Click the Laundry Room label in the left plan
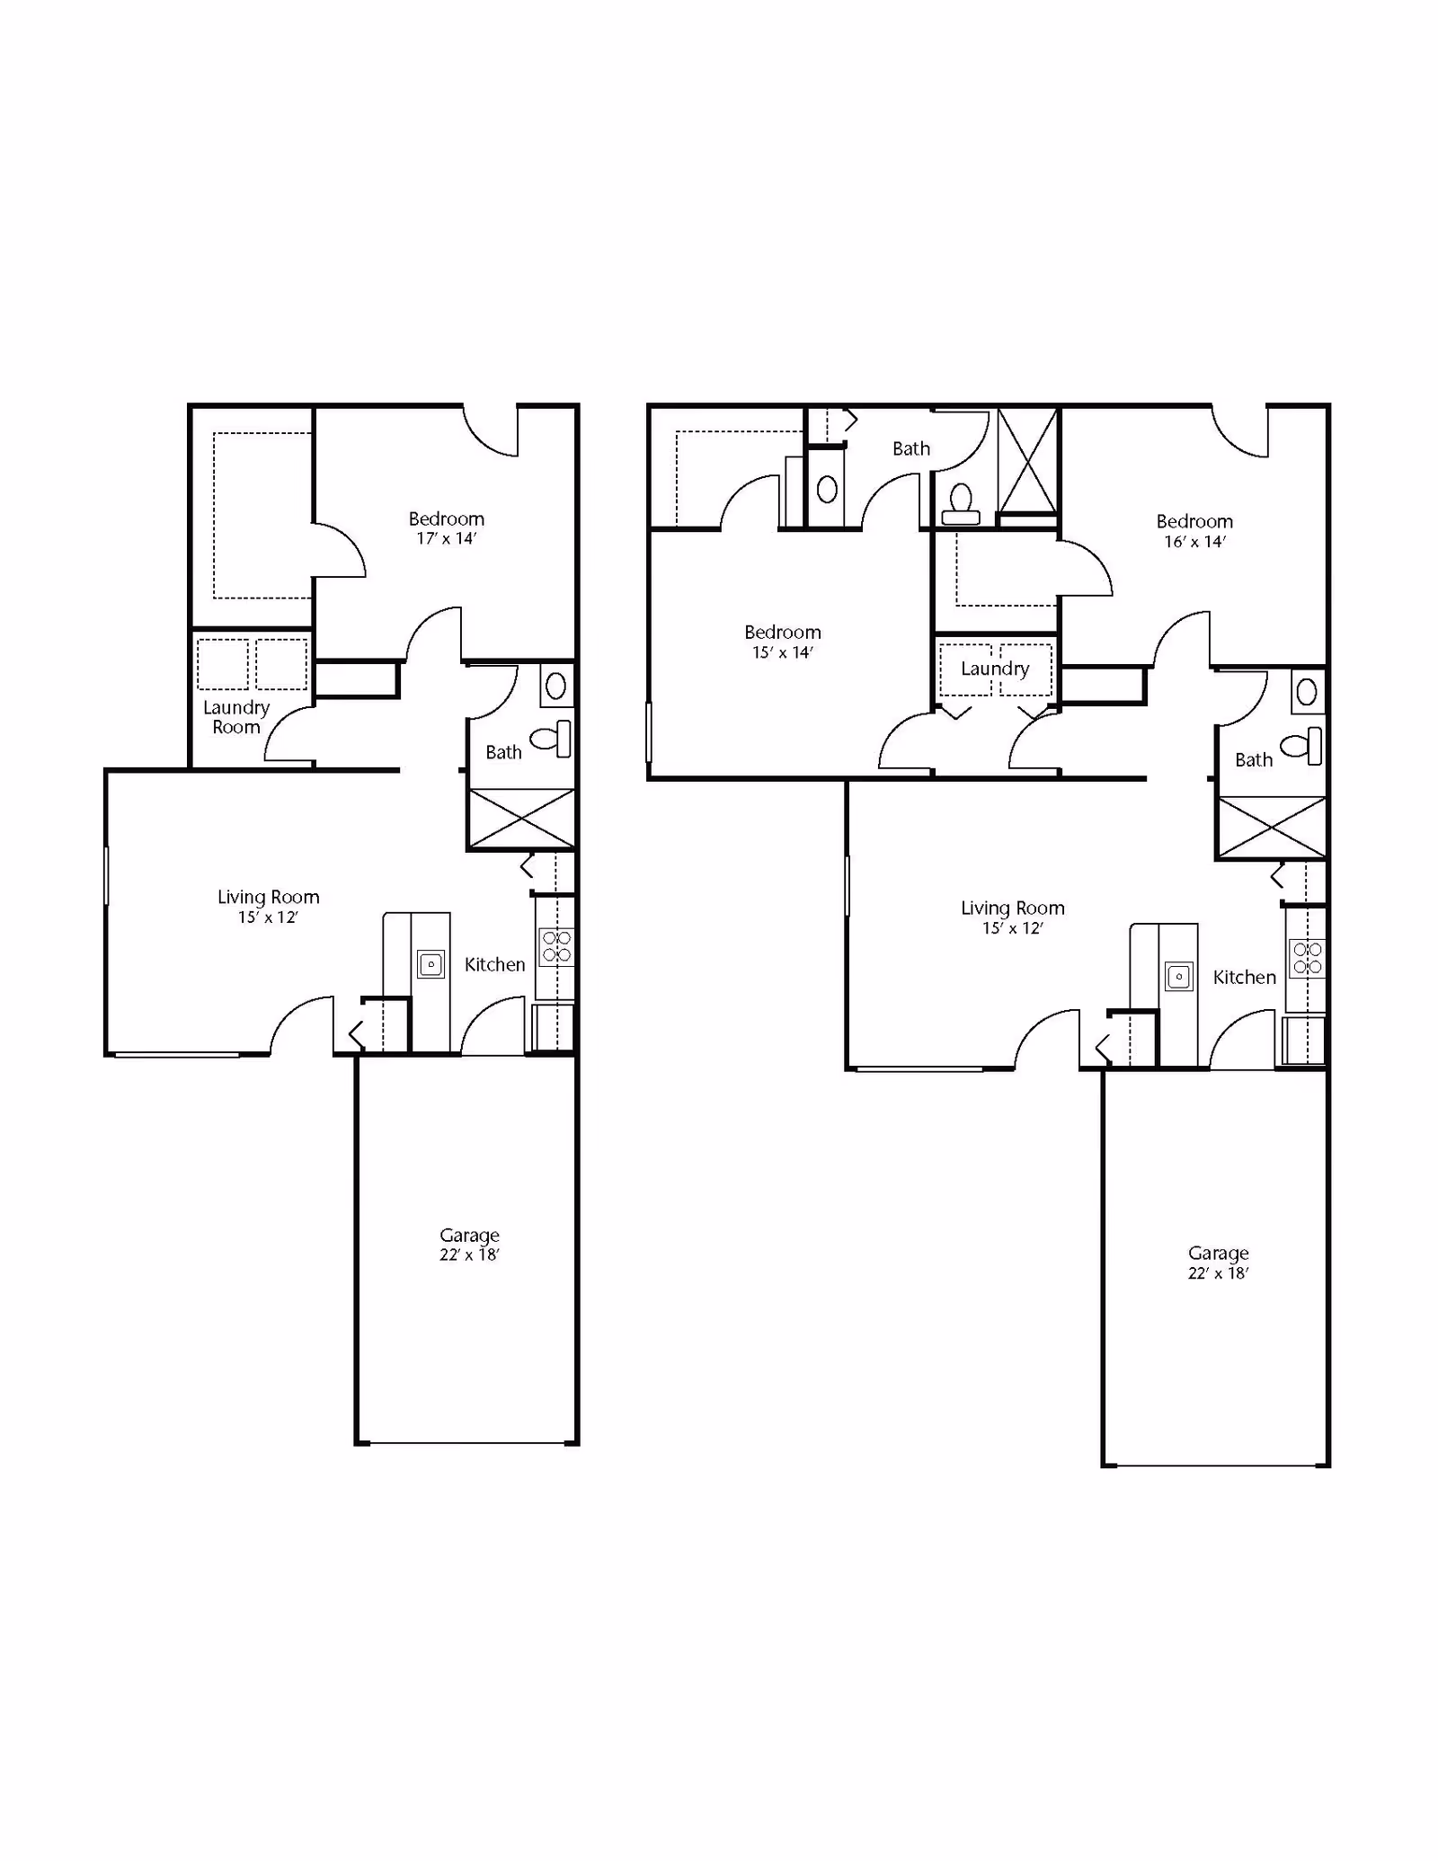(236, 717)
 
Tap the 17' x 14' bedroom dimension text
(447, 539)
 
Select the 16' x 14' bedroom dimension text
(1195, 542)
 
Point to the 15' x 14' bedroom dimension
(783, 653)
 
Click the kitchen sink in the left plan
(431, 964)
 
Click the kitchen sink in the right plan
(1179, 977)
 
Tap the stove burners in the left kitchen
(556, 946)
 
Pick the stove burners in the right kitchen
(1307, 958)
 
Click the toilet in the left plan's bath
(552, 739)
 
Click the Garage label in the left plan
(469, 1236)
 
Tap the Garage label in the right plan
(1219, 1254)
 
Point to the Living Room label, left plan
(269, 897)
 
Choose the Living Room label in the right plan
(1013, 908)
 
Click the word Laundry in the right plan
(995, 669)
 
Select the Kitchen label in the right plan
(1245, 978)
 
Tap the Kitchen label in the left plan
(495, 965)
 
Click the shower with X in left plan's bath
(522, 819)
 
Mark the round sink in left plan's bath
(556, 687)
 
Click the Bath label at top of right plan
(911, 449)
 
